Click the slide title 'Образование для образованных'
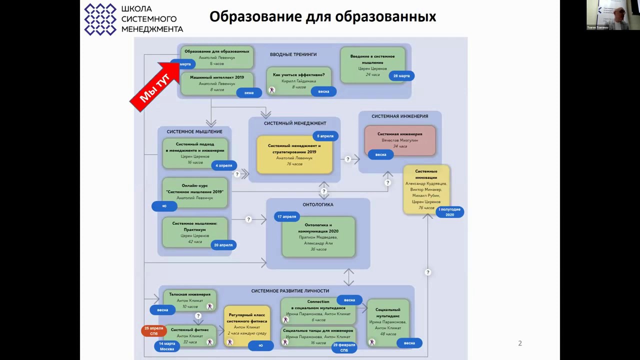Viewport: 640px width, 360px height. coord(322,16)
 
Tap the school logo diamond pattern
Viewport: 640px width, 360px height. coord(100,19)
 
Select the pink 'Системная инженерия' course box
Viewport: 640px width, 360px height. coord(399,139)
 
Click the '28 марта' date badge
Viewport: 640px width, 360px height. coord(401,76)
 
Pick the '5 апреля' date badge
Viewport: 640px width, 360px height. coord(325,136)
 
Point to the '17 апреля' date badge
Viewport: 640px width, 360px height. coord(286,216)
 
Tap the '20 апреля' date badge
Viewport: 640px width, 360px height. coord(223,245)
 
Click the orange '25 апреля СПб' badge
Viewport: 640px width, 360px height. coord(153,330)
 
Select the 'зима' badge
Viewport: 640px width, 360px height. coord(248,92)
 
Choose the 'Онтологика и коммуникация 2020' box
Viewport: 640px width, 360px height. coord(318,236)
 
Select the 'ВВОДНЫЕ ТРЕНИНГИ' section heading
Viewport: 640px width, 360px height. coord(293,54)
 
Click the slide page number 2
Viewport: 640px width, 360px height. coord(520,343)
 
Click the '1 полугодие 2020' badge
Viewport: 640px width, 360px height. coord(449,212)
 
